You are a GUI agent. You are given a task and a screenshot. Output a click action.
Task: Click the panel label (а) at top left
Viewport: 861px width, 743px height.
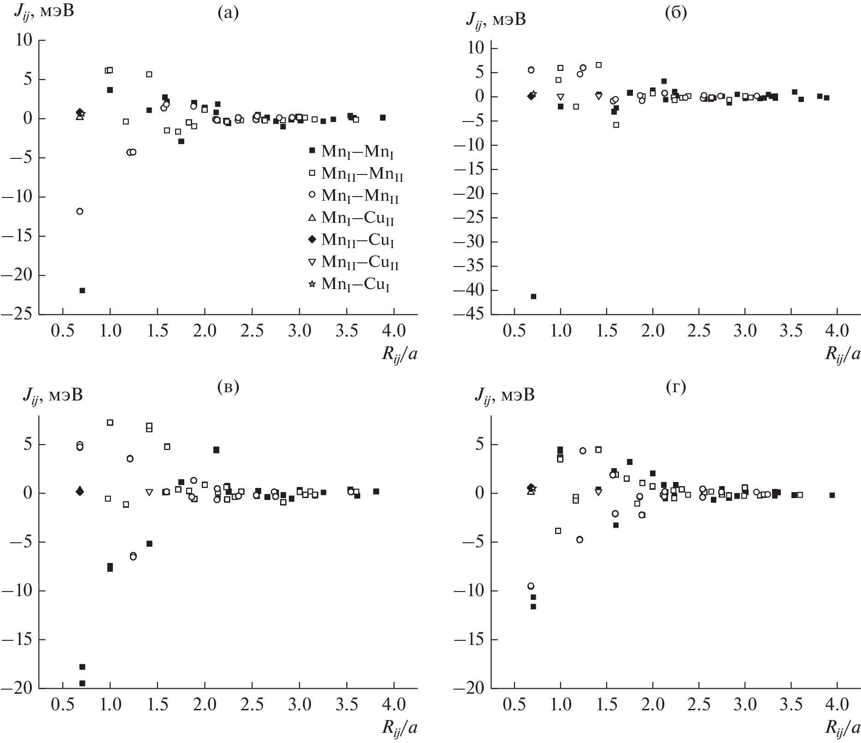228,13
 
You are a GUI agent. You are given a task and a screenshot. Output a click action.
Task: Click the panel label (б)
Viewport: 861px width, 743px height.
676,13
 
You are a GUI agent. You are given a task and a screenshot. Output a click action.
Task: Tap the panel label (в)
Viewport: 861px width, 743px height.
228,388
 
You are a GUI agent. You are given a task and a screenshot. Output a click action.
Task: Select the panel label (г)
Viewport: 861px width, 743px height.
676,388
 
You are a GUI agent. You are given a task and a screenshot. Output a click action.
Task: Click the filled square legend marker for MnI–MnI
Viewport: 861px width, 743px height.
312,151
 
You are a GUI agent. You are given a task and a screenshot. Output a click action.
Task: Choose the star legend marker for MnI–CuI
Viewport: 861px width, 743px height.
312,284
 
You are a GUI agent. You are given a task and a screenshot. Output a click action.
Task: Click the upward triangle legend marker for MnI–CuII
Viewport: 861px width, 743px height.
312,217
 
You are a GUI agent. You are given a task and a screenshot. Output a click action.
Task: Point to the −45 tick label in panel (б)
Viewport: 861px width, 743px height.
469,315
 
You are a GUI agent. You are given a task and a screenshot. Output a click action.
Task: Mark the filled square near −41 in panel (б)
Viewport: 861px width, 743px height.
533,296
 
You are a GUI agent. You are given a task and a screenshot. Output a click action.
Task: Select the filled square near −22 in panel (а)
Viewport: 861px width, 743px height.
82,290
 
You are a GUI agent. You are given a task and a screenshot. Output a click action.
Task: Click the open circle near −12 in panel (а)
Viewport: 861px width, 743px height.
80,211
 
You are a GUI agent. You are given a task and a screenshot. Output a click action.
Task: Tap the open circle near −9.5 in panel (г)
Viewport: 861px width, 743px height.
531,586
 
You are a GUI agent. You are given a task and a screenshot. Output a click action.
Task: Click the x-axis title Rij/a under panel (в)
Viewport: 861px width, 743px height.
399,728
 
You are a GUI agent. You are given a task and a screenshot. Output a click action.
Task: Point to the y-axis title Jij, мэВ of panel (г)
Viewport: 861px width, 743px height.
504,395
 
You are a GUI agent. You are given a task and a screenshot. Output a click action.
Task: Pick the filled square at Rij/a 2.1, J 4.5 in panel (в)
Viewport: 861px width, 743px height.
216,450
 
